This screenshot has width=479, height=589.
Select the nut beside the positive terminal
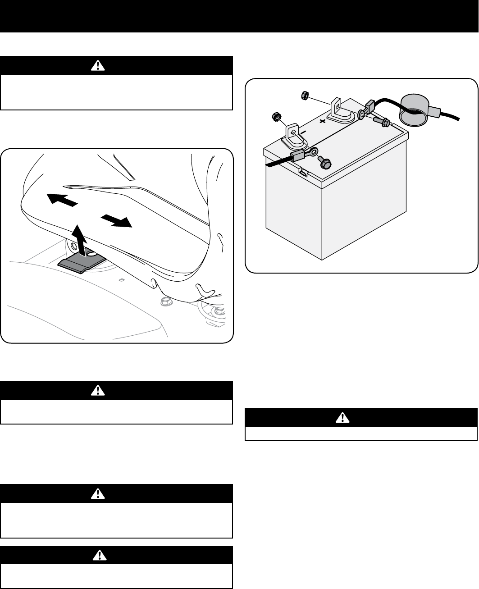[x=304, y=95]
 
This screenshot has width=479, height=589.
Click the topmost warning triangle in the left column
[x=97, y=65]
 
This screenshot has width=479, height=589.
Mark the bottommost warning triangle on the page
[x=97, y=555]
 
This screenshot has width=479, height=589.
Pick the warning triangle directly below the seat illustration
[x=97, y=390]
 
